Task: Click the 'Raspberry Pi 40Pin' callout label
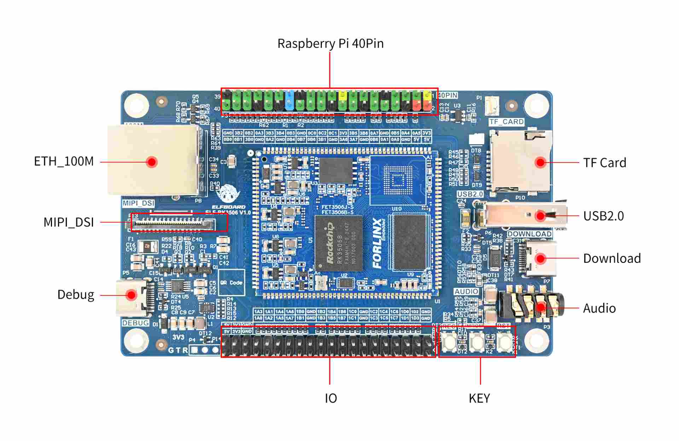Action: (330, 43)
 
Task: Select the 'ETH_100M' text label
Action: (64, 161)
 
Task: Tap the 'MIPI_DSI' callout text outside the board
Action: (69, 222)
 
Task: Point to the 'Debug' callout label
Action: (76, 295)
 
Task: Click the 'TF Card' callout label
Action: (604, 163)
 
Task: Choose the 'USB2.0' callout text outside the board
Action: (603, 216)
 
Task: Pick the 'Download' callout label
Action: (612, 258)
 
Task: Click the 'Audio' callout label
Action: (599, 308)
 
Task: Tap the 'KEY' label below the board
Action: (479, 399)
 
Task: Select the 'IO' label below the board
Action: (331, 399)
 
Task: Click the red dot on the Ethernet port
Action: (152, 162)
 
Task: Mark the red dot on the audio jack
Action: (540, 307)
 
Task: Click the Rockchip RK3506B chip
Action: (338, 243)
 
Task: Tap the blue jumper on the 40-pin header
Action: (289, 99)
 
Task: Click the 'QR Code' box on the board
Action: (232, 283)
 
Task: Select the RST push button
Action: (504, 341)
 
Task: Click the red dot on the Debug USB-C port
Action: (131, 295)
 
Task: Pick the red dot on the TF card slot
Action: (540, 162)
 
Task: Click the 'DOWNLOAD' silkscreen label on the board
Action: (529, 234)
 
